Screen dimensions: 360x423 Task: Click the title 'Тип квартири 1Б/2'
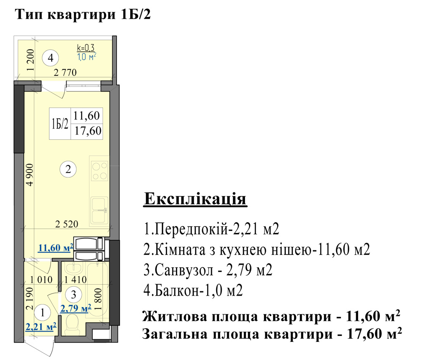(x=83, y=14)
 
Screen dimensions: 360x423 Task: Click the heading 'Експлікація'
(x=195, y=199)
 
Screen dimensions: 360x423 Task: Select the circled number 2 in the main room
(x=68, y=169)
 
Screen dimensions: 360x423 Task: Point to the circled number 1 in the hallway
(x=42, y=313)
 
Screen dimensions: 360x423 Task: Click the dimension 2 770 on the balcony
(x=65, y=72)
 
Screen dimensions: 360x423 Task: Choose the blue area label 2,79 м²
(x=76, y=308)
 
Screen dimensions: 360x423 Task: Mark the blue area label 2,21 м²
(x=41, y=327)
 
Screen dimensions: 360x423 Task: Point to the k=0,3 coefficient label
(x=86, y=47)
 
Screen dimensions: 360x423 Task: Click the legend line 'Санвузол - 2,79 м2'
(x=208, y=270)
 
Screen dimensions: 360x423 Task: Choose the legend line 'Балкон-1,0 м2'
(x=193, y=291)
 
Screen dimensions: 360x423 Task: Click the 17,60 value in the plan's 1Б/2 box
(x=88, y=131)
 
